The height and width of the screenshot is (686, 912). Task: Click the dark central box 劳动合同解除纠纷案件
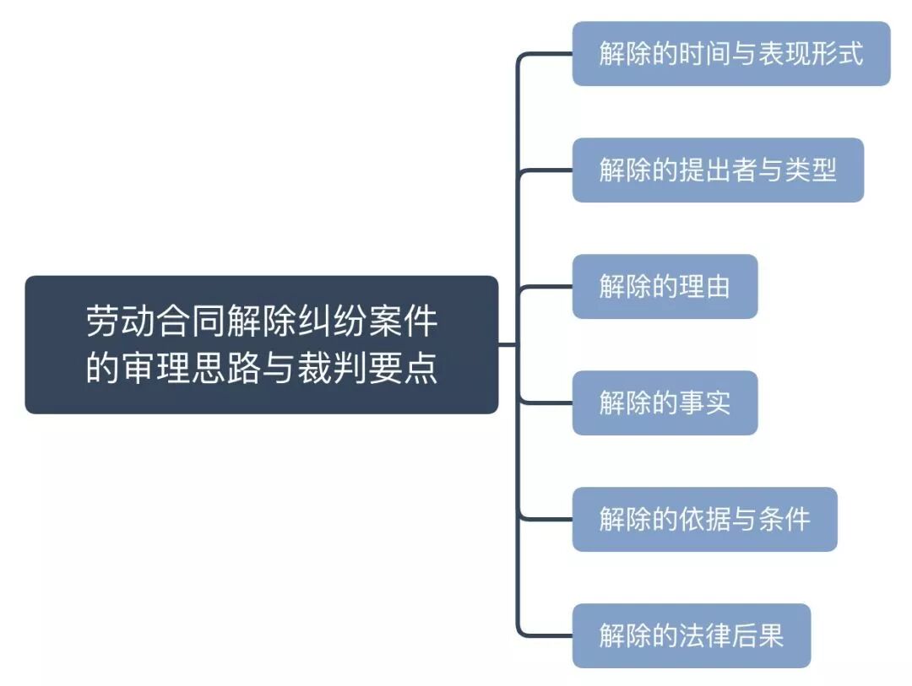point(261,344)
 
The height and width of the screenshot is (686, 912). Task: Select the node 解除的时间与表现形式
point(730,54)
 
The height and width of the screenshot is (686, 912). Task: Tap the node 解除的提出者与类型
point(718,170)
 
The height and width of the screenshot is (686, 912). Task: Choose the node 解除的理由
point(665,287)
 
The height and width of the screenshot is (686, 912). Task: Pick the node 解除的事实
point(665,403)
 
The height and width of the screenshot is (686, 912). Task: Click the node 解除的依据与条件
point(704,519)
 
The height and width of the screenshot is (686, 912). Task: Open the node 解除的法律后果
point(691,635)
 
